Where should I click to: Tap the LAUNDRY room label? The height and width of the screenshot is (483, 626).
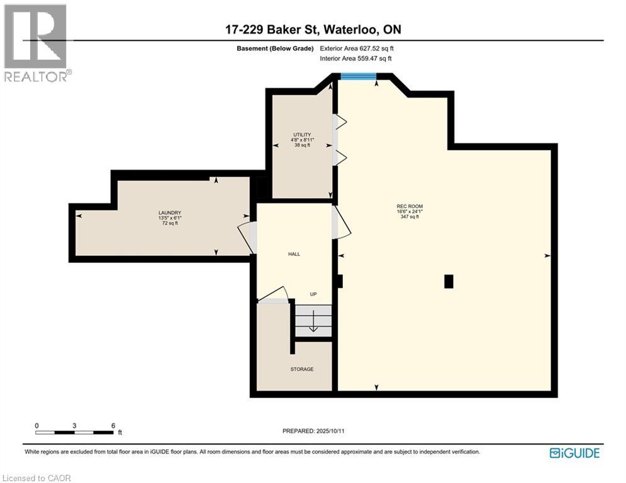[170, 213]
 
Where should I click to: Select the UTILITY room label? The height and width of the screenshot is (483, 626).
[302, 135]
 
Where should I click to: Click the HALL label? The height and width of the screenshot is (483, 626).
[294, 254]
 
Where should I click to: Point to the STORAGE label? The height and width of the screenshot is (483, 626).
[302, 369]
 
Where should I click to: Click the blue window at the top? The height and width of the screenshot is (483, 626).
[359, 77]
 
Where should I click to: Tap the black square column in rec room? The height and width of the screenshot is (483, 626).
[449, 281]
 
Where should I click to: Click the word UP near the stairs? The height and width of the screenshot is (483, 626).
[313, 294]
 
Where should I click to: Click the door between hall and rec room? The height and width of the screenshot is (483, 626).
[341, 223]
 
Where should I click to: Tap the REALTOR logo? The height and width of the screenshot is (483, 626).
[36, 43]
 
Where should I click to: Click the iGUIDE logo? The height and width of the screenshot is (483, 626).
[574, 453]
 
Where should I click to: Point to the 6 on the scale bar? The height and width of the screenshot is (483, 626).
[113, 426]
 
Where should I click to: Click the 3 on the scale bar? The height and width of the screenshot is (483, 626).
[74, 426]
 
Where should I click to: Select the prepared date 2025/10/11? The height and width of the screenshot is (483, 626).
[313, 431]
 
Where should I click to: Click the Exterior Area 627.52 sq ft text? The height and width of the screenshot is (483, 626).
[357, 48]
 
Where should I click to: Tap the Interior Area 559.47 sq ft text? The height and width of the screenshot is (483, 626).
[355, 58]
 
